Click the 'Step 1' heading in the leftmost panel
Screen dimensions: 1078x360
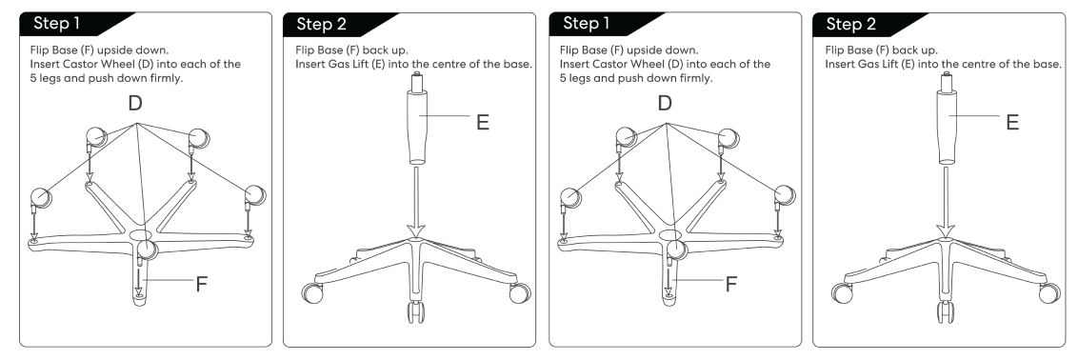point(57,24)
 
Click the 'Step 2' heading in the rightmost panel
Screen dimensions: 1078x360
point(851,24)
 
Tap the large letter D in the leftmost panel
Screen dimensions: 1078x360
point(135,103)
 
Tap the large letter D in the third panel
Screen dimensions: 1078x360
point(664,103)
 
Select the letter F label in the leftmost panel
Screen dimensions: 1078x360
point(202,285)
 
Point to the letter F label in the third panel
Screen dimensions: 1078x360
point(731,285)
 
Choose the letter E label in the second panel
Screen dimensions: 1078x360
point(483,122)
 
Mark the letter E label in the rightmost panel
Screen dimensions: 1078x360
point(1012,122)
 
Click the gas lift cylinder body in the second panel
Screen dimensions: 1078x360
point(416,127)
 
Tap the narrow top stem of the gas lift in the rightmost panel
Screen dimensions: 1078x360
point(946,82)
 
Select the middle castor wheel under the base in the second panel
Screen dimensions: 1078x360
point(416,311)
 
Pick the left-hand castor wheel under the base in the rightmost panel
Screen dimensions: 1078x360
point(842,293)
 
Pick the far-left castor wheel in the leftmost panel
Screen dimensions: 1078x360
point(39,198)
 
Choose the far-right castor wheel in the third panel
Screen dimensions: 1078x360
point(784,195)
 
